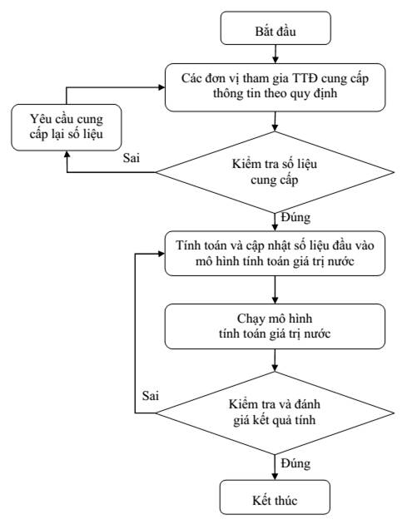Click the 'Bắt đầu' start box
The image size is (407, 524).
275,28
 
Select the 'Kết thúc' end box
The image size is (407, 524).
275,497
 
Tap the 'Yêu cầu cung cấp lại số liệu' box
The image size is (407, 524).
67,127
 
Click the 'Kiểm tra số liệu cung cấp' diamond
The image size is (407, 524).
275,172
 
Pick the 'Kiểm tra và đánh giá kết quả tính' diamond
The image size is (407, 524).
275,413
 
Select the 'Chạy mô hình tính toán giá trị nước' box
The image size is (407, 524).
275,327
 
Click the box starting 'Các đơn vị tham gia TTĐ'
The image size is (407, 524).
275,87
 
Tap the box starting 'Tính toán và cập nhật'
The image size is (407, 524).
275,254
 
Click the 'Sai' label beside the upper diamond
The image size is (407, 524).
132,158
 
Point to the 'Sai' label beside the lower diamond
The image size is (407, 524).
150,396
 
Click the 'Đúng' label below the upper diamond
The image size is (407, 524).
295,218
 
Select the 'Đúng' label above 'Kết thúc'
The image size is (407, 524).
295,464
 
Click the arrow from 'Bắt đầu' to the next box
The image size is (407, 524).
275,54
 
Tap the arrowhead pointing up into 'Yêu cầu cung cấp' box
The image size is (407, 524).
67,154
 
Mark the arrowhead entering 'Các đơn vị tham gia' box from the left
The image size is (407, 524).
161,87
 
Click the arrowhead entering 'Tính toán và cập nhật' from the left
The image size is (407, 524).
161,254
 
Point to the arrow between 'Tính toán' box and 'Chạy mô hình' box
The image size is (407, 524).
275,289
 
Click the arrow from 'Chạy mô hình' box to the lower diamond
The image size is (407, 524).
275,361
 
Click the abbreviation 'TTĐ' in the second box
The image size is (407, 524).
305,78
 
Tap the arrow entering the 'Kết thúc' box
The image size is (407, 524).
275,467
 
